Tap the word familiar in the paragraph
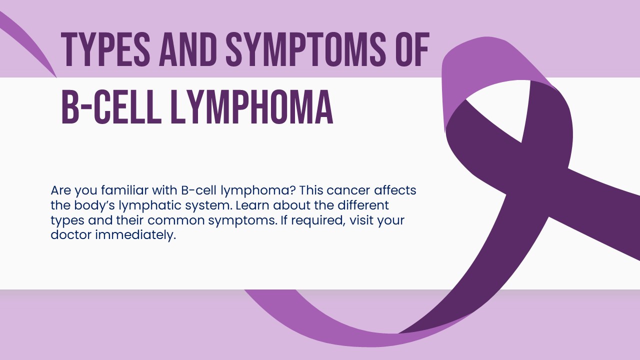(122, 190)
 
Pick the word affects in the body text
(395, 190)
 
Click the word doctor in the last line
(70, 235)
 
